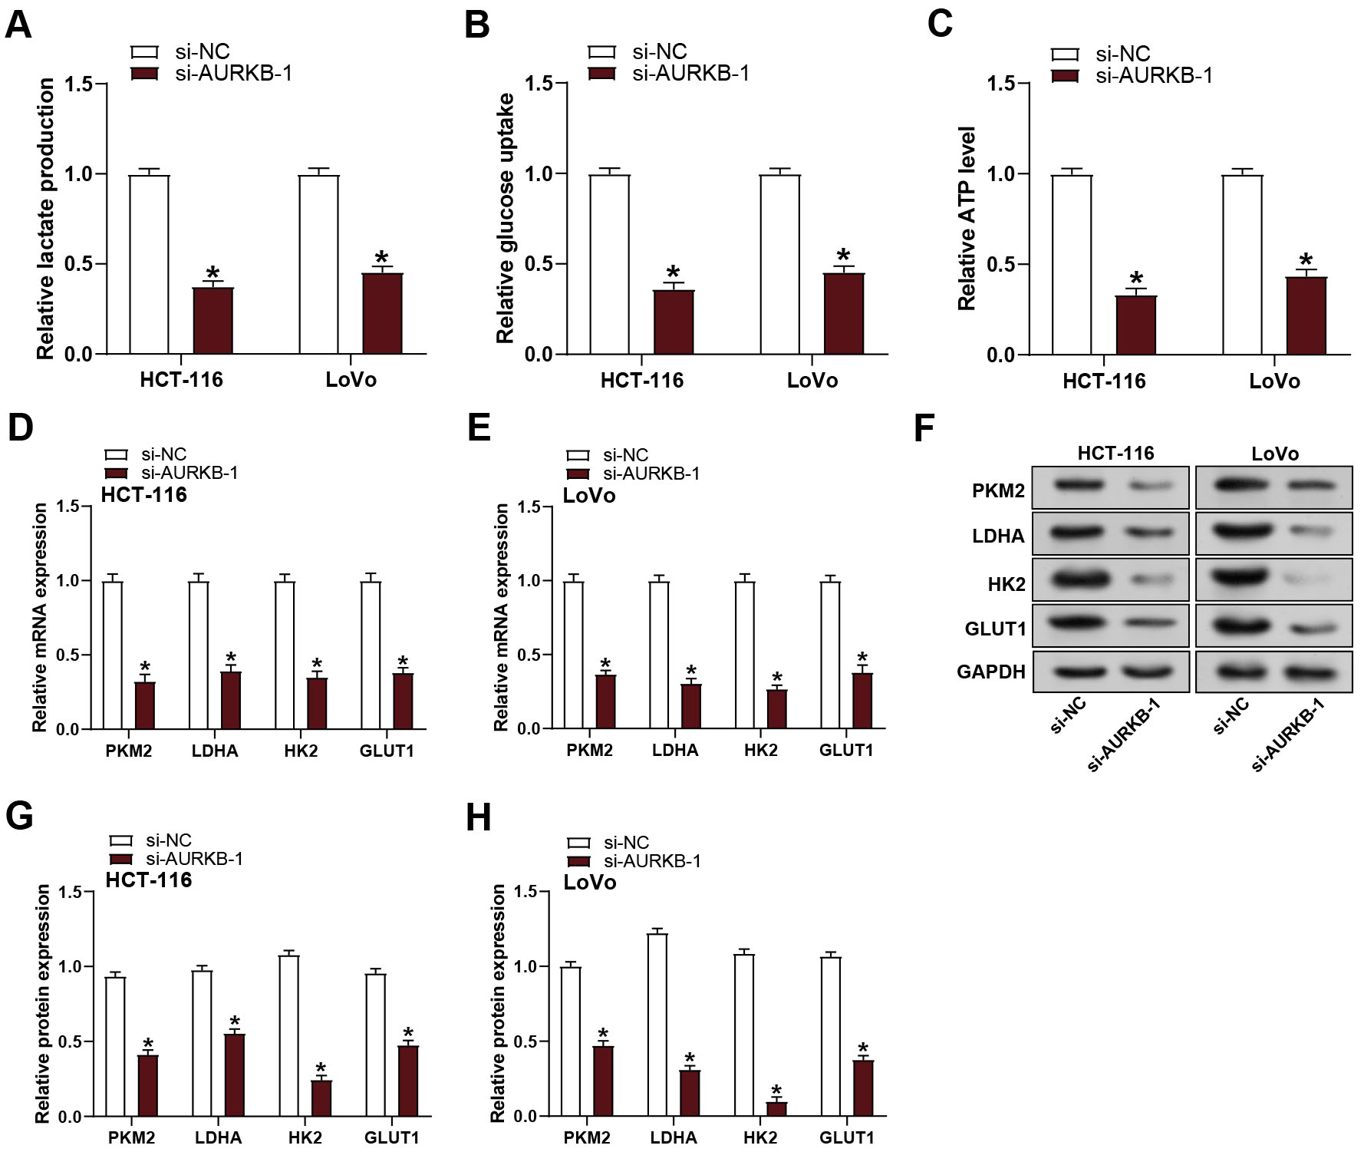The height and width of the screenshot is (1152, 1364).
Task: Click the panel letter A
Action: click(x=18, y=25)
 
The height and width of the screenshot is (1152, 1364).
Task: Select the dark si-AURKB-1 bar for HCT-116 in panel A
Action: click(x=213, y=320)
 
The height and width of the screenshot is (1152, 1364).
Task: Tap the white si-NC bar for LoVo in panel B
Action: click(x=779, y=264)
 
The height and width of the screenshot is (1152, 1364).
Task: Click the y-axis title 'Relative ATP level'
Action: click(x=967, y=219)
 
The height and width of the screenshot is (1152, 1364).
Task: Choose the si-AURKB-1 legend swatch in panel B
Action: click(x=602, y=74)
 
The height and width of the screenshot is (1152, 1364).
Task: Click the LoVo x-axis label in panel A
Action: click(x=351, y=379)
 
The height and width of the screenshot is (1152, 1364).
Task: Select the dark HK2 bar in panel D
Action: click(x=317, y=703)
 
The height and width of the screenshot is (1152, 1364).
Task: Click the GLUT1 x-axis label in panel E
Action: click(x=846, y=751)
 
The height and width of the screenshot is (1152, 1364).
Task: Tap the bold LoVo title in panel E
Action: click(x=589, y=496)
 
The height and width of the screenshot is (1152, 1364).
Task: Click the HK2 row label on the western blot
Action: click(x=1007, y=585)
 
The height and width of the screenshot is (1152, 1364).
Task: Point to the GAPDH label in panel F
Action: click(x=990, y=672)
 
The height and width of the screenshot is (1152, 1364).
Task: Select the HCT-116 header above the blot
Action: click(x=1115, y=454)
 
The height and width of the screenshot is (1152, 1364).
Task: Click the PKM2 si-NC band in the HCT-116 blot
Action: click(x=1079, y=485)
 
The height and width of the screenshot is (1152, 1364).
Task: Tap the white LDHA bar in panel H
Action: click(x=657, y=1025)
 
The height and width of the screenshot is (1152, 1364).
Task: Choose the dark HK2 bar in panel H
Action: click(x=776, y=1108)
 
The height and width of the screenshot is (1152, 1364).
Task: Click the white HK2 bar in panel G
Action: click(x=289, y=1035)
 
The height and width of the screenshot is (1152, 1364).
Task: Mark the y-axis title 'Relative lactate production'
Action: click(x=45, y=219)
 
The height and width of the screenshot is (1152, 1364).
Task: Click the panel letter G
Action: click(x=19, y=816)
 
